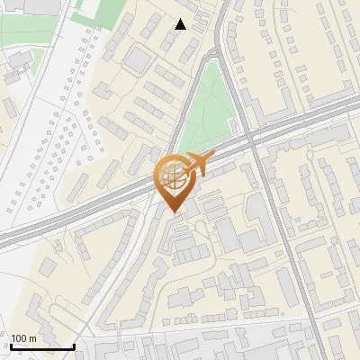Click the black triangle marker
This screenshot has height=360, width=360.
(x=181, y=24)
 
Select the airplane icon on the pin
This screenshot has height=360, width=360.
(x=197, y=163)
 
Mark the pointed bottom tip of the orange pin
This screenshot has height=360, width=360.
(x=175, y=213)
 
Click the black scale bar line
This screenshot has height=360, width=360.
(x=42, y=347)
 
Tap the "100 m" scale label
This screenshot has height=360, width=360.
(x=24, y=338)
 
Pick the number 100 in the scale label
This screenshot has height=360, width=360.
(x=20, y=338)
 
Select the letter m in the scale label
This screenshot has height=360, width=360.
(x=32, y=338)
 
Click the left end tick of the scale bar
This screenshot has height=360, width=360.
(x=11, y=346)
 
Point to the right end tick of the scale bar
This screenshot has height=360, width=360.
(x=74, y=346)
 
